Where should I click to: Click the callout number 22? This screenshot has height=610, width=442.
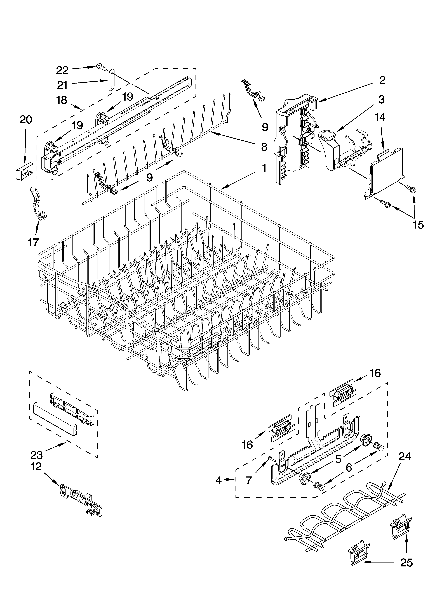point(62,70)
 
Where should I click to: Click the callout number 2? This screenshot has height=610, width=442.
point(382,80)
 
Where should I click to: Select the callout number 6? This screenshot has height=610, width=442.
point(349,467)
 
